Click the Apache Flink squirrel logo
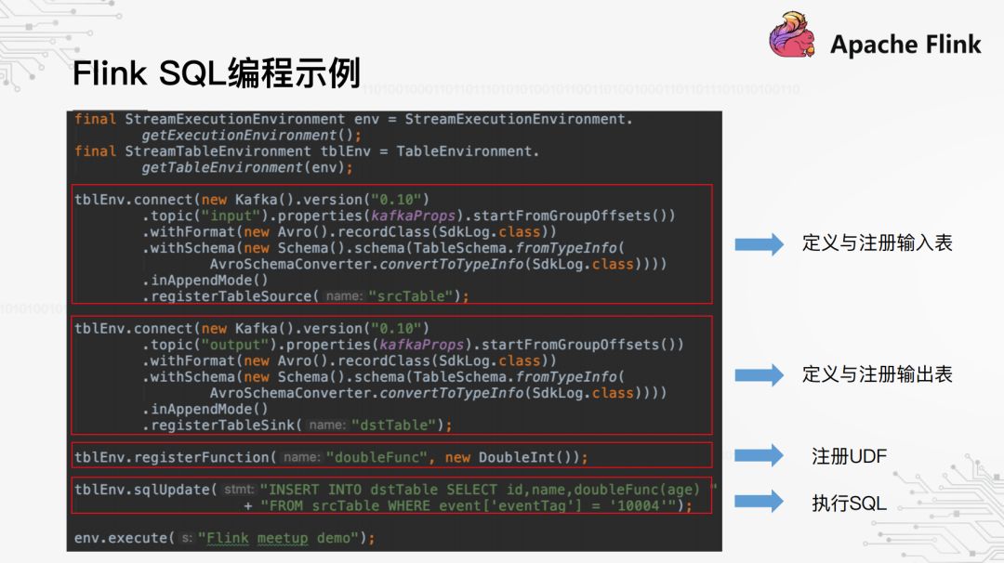[x=792, y=35]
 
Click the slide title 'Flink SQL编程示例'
[x=217, y=73]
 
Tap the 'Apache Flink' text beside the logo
[x=905, y=45]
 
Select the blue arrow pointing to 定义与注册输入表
[x=759, y=243]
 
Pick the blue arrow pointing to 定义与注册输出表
[x=759, y=374]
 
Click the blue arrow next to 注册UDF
[x=759, y=455]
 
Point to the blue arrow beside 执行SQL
[x=759, y=501]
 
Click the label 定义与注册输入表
[x=878, y=243]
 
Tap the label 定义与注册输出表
[x=878, y=374]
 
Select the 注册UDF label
[x=849, y=456]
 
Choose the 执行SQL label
[x=849, y=504]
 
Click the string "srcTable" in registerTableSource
[x=411, y=296]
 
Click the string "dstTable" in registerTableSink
[x=394, y=425]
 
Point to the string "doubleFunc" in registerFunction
[x=376, y=457]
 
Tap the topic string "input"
[x=231, y=216]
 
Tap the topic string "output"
[x=235, y=345]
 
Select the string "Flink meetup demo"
[x=279, y=538]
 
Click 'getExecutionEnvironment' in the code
[x=239, y=136]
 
